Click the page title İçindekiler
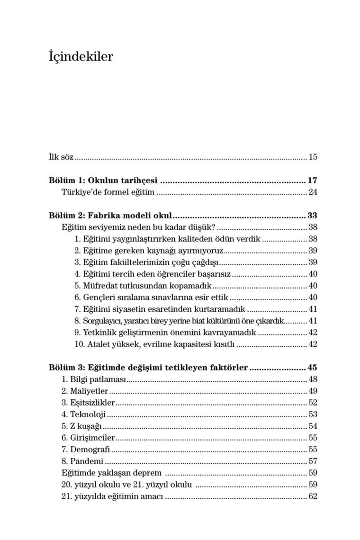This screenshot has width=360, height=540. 81,57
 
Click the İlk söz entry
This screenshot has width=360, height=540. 61,157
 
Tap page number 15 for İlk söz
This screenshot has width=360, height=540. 313,157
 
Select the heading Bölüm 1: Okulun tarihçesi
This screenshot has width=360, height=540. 103,180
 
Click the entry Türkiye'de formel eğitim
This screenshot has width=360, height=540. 108,192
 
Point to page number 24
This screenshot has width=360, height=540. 313,192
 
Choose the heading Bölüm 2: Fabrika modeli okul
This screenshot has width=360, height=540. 110,216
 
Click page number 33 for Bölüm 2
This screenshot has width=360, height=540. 312,216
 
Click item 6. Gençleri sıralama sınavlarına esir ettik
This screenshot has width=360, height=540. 151,297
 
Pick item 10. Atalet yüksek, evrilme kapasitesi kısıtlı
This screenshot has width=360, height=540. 154,344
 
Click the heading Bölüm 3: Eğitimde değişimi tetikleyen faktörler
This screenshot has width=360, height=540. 148,368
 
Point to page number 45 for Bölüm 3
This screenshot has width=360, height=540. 312,368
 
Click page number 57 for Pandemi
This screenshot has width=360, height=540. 313,461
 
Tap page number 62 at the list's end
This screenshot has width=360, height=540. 313,496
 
